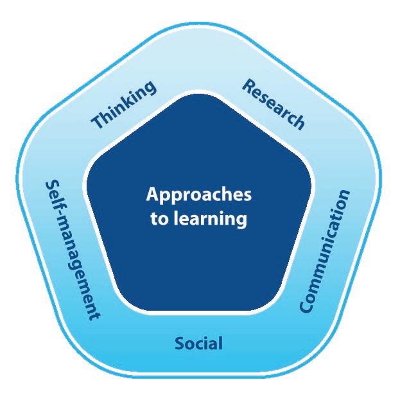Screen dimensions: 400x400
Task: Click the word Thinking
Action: pyautogui.click(x=124, y=104)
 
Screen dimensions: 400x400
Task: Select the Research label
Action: pyautogui.click(x=274, y=105)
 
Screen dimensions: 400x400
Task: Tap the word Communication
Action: pyautogui.click(x=324, y=251)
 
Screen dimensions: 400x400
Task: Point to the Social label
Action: pyautogui.click(x=198, y=343)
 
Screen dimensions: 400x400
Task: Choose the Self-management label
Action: pyautogui.click(x=73, y=250)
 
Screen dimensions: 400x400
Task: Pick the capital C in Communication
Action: pyautogui.click(x=306, y=305)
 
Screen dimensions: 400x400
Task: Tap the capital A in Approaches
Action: pyautogui.click(x=153, y=195)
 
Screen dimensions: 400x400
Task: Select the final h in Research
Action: pyautogui.click(x=298, y=123)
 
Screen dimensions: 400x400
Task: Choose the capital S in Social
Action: pyautogui.click(x=180, y=343)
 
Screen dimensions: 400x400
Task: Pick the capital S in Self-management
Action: pyautogui.click(x=53, y=185)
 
